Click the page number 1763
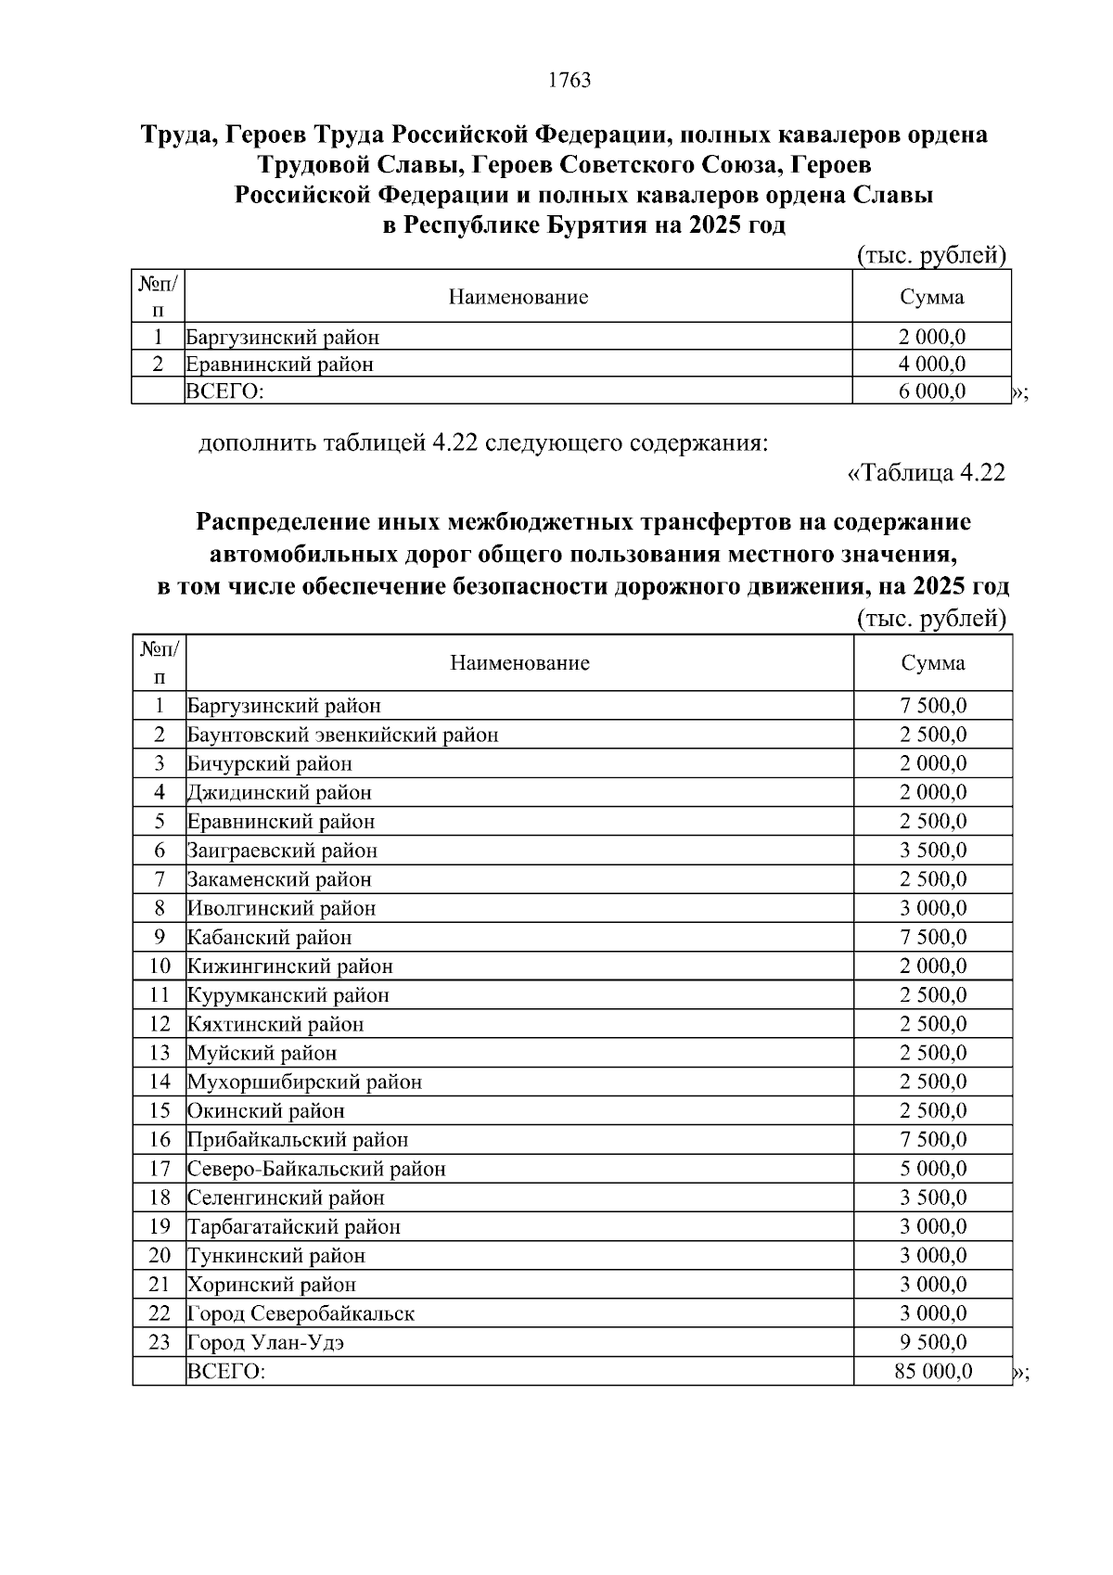(x=569, y=81)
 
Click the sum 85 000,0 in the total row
(x=933, y=1371)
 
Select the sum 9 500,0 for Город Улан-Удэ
(x=933, y=1342)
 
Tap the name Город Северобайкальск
(x=301, y=1313)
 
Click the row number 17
(x=160, y=1169)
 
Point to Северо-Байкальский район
(x=316, y=1169)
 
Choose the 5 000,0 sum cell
(x=933, y=1169)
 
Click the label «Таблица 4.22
(x=927, y=473)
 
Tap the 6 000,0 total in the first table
(x=932, y=391)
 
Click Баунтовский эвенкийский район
(x=342, y=735)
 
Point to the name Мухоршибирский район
(x=304, y=1082)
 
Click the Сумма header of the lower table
(x=932, y=663)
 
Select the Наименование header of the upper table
(x=518, y=298)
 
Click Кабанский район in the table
(x=269, y=937)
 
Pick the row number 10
(x=160, y=966)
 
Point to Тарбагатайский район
(x=294, y=1226)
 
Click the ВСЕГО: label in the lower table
(x=226, y=1371)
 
